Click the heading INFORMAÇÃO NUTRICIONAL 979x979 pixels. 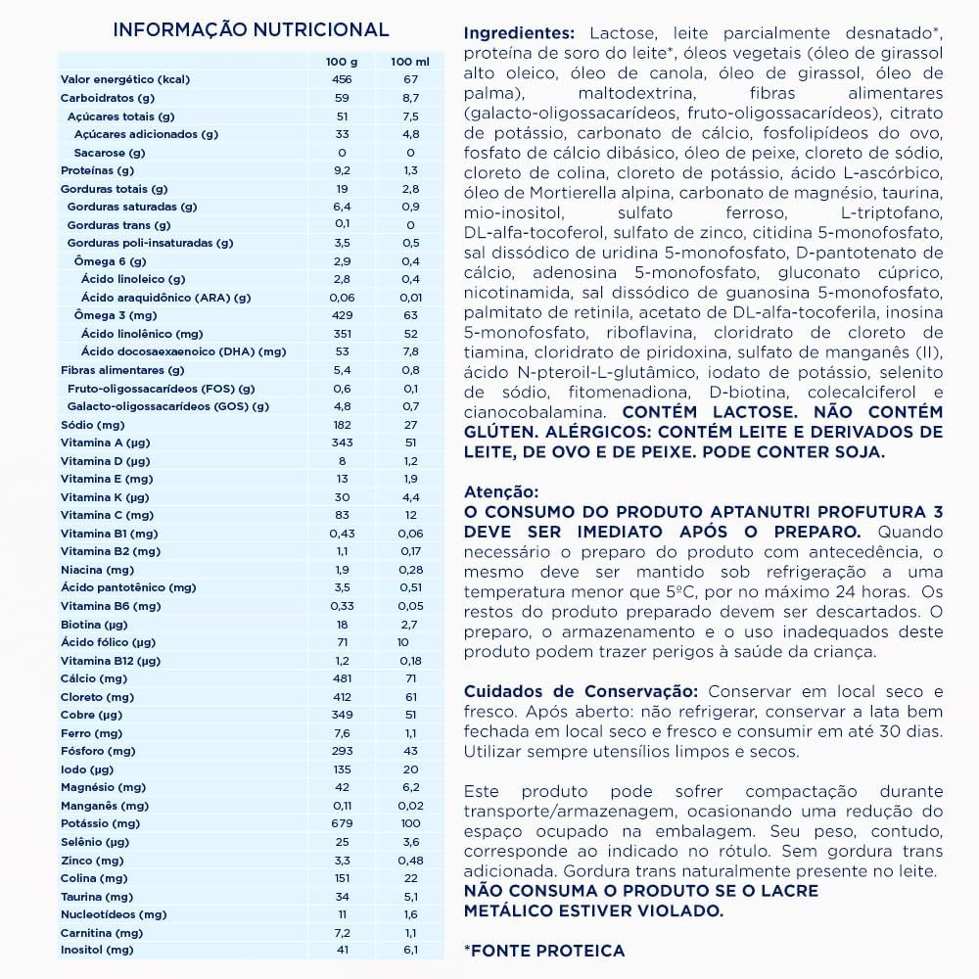pos(251,30)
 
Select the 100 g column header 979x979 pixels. pos(342,63)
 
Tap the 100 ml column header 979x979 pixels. pos(410,63)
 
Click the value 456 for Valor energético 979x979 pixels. pos(342,79)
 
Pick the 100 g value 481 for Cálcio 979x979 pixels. pos(342,678)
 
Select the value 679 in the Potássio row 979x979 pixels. pos(342,823)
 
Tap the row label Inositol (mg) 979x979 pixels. pos(96,951)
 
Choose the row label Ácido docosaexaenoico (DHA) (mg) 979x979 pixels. pos(183,351)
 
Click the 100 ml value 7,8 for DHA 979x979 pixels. pos(410,351)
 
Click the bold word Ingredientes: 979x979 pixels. pos(520,33)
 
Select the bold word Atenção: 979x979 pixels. pos(501,493)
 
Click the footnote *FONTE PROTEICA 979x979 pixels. pos(544,951)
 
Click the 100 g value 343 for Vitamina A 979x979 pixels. pos(342,443)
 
